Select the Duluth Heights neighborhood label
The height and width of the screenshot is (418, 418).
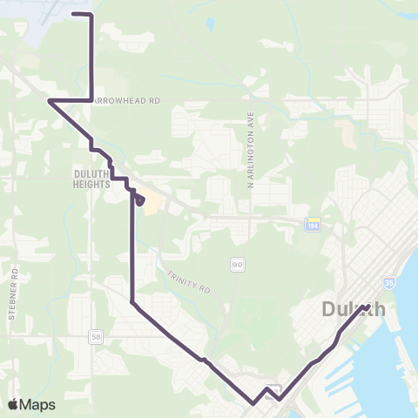pyautogui.click(x=91, y=179)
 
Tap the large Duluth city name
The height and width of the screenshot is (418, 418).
pyautogui.click(x=353, y=309)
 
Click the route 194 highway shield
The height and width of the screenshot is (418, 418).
pyautogui.click(x=312, y=225)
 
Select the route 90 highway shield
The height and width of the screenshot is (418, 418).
pyautogui.click(x=237, y=263)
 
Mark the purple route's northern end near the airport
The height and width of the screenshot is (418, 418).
pyautogui.click(x=71, y=15)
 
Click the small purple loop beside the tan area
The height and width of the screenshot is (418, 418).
pyautogui.click(x=138, y=200)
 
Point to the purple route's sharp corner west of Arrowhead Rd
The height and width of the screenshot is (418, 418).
pyautogui.click(x=50, y=101)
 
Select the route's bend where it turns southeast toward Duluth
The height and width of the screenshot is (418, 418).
pyautogui.click(x=131, y=302)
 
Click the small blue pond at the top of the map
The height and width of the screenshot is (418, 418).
pyautogui.click(x=211, y=24)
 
